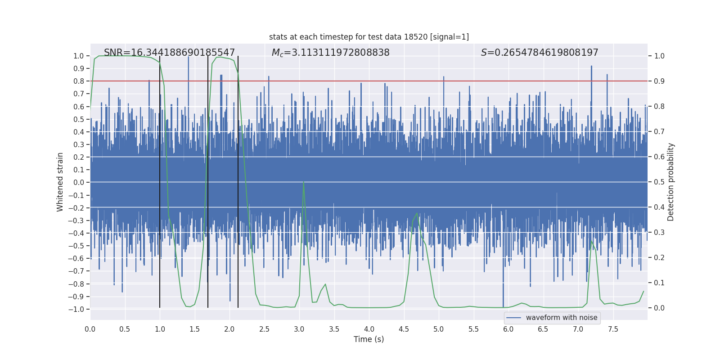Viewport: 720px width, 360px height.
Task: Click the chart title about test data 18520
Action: pyautogui.click(x=369, y=37)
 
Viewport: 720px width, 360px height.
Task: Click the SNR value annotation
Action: pyautogui.click(x=169, y=53)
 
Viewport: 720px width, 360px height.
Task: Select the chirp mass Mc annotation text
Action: pyautogui.click(x=330, y=53)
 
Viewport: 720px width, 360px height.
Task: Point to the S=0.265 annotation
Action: pyautogui.click(x=540, y=53)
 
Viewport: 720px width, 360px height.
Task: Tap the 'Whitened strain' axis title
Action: pyautogui.click(x=60, y=182)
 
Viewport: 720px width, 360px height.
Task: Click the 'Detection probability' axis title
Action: pyautogui.click(x=671, y=182)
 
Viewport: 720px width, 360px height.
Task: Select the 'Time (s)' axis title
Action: pyautogui.click(x=369, y=339)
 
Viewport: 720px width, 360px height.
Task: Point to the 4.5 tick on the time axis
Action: pyautogui.click(x=404, y=329)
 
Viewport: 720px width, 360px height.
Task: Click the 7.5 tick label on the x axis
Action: pyautogui.click(x=613, y=329)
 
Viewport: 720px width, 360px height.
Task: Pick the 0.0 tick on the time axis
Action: pyautogui.click(x=90, y=329)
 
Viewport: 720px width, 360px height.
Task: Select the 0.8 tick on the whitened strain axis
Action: pyautogui.click(x=79, y=81)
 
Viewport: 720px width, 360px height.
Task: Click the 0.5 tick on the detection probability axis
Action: pyautogui.click(x=659, y=182)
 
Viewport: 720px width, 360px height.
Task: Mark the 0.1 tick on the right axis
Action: pyautogui.click(x=659, y=283)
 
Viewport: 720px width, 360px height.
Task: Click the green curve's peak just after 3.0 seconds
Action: pyautogui.click(x=304, y=182)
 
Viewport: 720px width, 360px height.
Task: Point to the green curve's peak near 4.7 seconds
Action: pyautogui.click(x=417, y=213)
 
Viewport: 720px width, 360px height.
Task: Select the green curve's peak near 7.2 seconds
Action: pyautogui.click(x=592, y=242)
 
